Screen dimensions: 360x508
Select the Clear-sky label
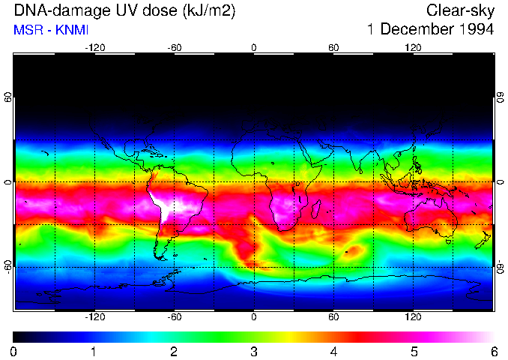(x=461, y=10)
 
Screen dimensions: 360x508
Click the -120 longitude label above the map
(x=94, y=47)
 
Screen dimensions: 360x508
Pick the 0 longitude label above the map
(x=254, y=47)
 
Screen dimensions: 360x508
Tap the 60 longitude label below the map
(x=333, y=317)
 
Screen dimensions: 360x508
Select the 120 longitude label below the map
(x=413, y=317)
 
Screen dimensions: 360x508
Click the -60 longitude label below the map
(x=174, y=317)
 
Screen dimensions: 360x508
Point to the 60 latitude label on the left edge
(x=8, y=97)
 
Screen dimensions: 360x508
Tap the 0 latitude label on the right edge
(x=500, y=182)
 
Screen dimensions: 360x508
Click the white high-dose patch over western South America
(x=160, y=203)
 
